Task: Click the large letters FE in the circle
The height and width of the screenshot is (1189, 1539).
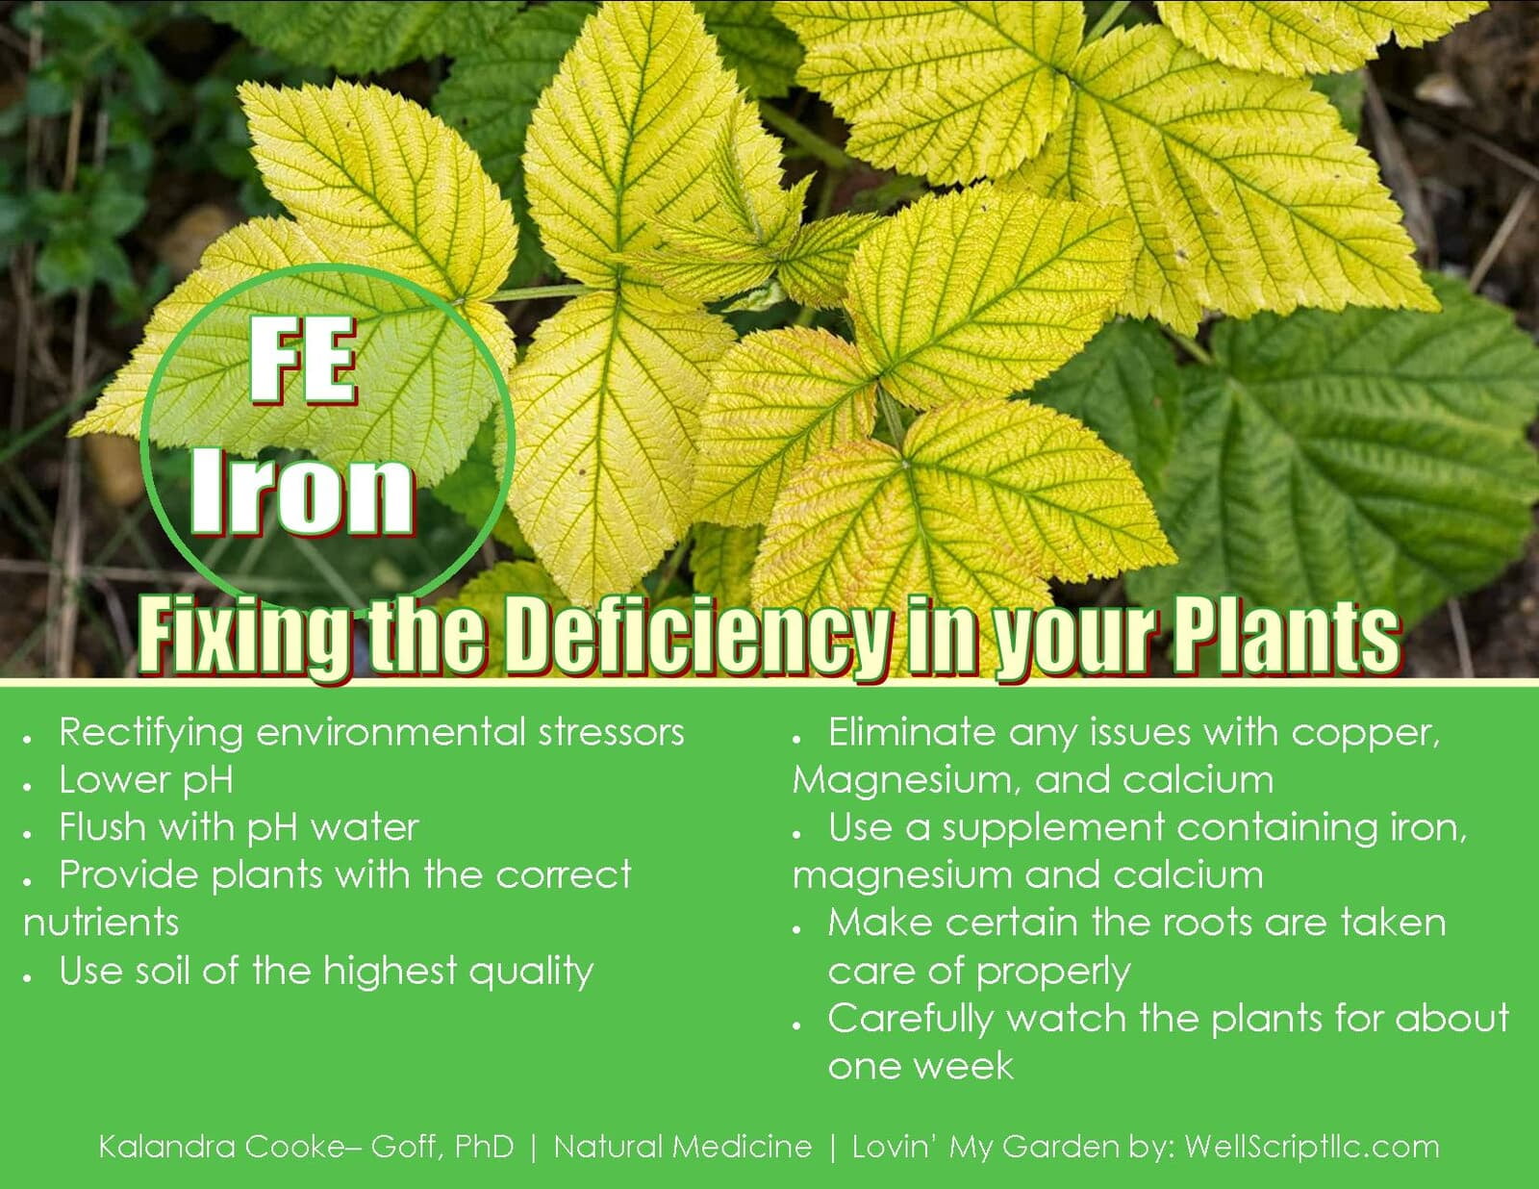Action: click(302, 361)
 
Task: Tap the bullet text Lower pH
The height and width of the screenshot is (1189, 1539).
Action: click(146, 780)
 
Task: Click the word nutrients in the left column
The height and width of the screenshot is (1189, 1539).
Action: click(101, 923)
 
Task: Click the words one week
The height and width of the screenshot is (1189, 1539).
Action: click(921, 1067)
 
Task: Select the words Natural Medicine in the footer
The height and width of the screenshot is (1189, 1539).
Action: click(683, 1147)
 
